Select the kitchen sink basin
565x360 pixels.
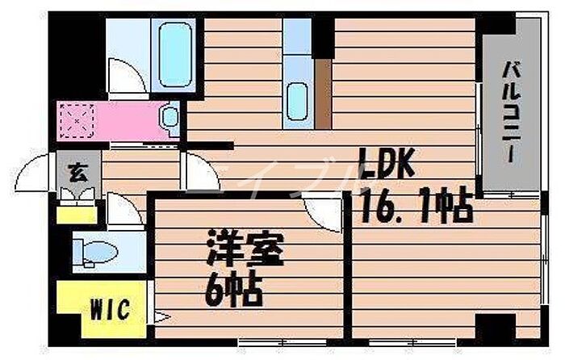(x=298, y=102)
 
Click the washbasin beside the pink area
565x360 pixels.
(x=169, y=117)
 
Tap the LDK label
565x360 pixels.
(x=387, y=167)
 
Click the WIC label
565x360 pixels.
(x=106, y=308)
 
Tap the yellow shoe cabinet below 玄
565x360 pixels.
(x=77, y=214)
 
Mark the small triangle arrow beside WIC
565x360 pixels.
(x=159, y=316)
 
